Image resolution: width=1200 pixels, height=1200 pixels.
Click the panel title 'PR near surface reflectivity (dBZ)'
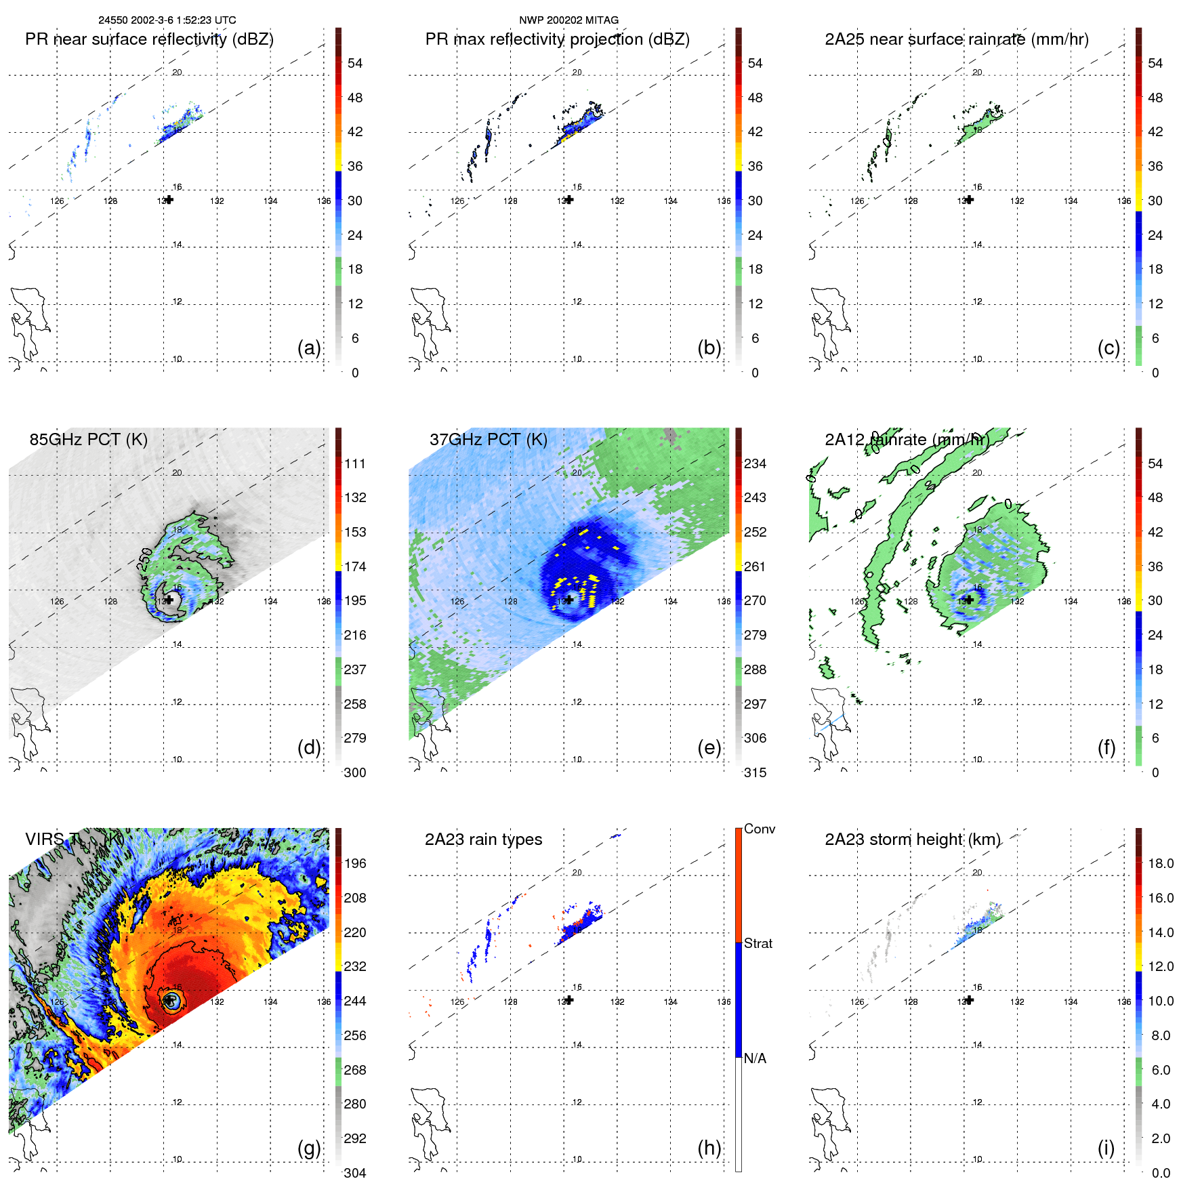[149, 39]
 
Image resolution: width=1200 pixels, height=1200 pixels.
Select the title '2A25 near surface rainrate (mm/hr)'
[956, 39]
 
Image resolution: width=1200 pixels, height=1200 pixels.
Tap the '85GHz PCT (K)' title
[88, 440]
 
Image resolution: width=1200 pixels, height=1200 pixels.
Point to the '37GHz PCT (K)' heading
[488, 440]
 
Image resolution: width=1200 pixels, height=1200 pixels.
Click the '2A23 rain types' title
[483, 840]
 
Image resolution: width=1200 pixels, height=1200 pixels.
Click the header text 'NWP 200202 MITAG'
[568, 20]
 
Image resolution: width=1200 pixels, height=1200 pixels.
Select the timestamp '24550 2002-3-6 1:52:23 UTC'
[167, 20]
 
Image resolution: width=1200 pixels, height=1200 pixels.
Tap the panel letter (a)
[309, 348]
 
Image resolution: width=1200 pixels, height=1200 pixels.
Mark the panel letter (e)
[709, 747]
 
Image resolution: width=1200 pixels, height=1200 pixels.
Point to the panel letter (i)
[1106, 1148]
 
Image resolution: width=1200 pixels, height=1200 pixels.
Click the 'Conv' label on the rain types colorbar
[759, 829]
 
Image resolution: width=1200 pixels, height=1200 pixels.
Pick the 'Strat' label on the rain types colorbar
[758, 943]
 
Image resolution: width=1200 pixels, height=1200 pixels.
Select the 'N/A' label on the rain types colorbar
[755, 1058]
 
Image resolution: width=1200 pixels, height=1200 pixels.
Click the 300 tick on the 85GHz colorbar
[355, 772]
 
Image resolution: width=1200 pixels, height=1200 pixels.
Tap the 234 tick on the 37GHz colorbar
[755, 463]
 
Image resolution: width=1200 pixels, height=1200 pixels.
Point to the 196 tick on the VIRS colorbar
[355, 863]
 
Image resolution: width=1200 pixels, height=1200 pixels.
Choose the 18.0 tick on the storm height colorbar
[1161, 863]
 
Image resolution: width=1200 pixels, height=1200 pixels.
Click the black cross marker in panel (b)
[569, 200]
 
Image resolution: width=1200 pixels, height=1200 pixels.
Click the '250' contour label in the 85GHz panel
[144, 558]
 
